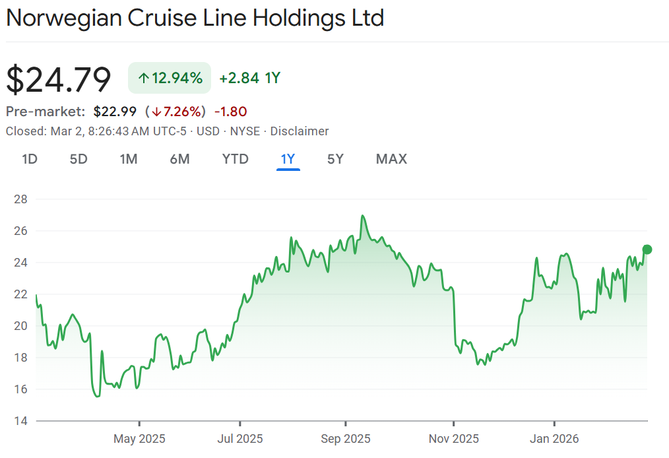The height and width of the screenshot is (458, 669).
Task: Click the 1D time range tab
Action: (x=29, y=159)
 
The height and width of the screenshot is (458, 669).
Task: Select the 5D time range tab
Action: (x=79, y=159)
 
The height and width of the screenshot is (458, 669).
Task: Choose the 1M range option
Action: (x=128, y=159)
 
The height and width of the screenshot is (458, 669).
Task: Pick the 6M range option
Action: (x=179, y=159)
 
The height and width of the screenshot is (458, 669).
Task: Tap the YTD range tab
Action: (x=235, y=159)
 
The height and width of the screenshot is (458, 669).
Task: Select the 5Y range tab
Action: (x=335, y=159)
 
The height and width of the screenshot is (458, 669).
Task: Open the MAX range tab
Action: (x=391, y=159)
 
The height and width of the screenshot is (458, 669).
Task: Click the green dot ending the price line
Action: (x=647, y=249)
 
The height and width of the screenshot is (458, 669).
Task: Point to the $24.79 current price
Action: (x=59, y=79)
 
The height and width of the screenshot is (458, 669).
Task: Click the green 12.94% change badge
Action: (x=170, y=78)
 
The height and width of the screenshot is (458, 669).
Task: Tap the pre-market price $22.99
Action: (x=115, y=112)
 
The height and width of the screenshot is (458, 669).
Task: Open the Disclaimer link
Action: (x=299, y=131)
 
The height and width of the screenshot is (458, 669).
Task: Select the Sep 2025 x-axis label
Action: (x=344, y=438)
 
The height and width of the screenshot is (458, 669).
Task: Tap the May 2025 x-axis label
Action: (x=139, y=438)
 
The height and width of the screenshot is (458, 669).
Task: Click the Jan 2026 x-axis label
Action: (x=554, y=438)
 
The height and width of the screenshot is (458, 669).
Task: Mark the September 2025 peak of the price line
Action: (x=362, y=216)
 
